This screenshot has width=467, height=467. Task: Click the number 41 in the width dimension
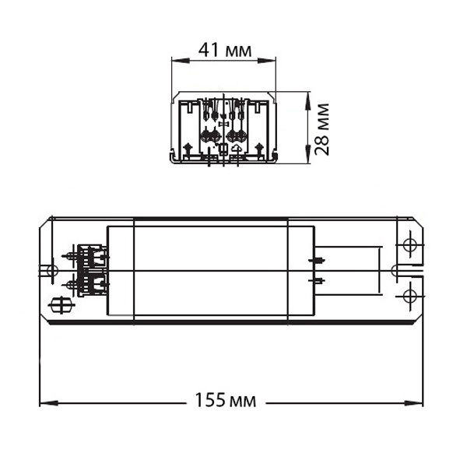[209, 50]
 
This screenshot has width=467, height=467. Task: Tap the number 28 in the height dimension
[322, 146]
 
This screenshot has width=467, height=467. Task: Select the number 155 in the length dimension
[210, 400]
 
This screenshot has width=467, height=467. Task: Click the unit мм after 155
[243, 402]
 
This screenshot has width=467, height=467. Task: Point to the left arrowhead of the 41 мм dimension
[181, 61]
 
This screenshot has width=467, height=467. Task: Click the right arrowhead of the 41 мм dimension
[266, 61]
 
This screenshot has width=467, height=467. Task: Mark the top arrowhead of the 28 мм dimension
[307, 100]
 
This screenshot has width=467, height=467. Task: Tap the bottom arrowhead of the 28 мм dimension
[307, 153]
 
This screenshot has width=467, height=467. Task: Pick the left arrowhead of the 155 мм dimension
[49, 403]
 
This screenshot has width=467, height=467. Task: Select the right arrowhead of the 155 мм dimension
[414, 403]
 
